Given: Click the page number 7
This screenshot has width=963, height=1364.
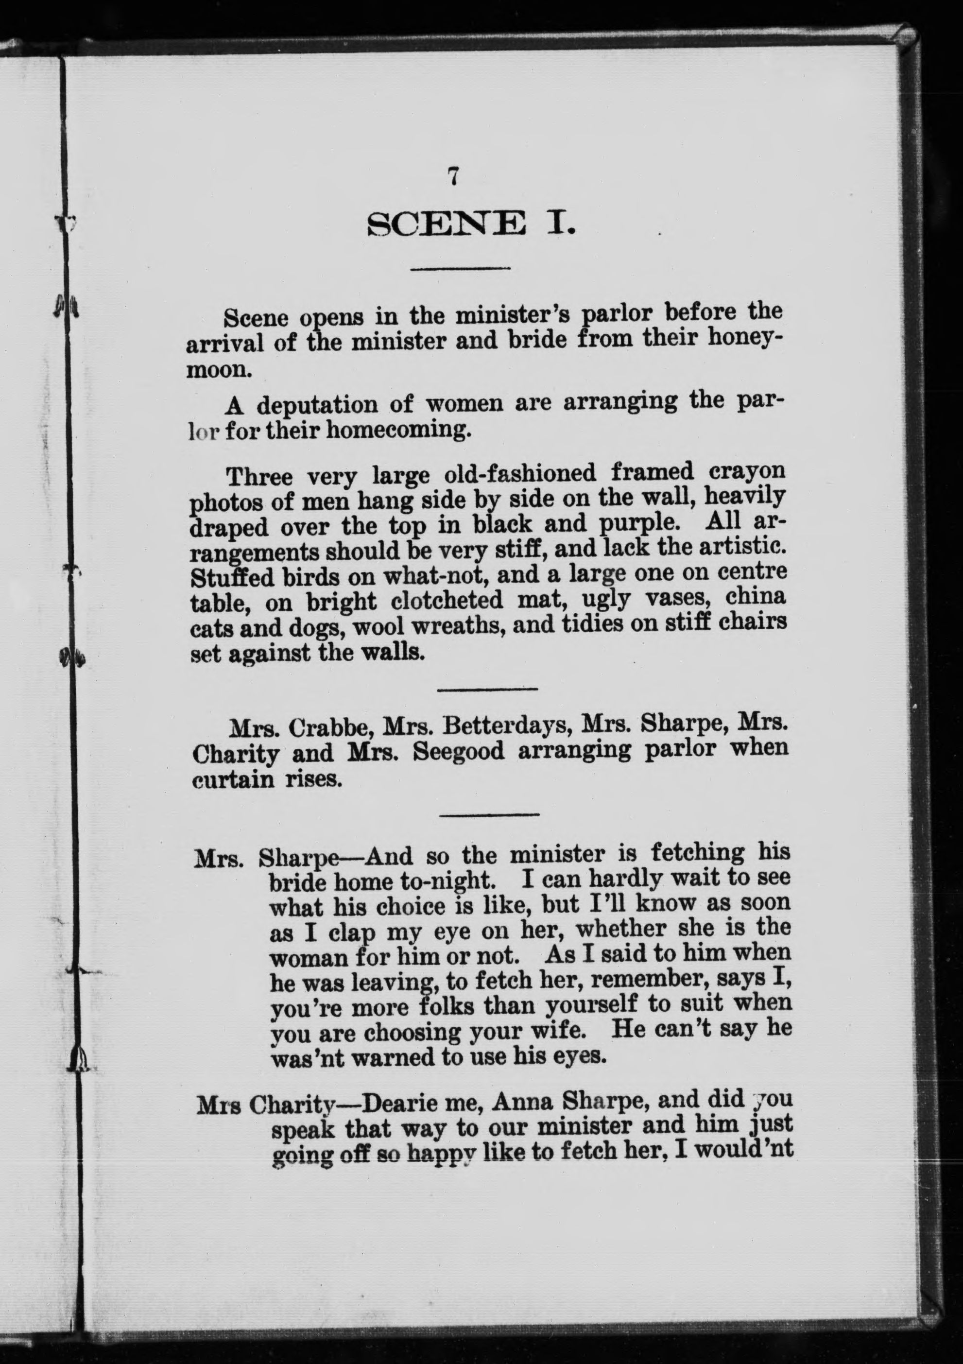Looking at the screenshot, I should [453, 176].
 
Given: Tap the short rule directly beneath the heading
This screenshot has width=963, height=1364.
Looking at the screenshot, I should [461, 269].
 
